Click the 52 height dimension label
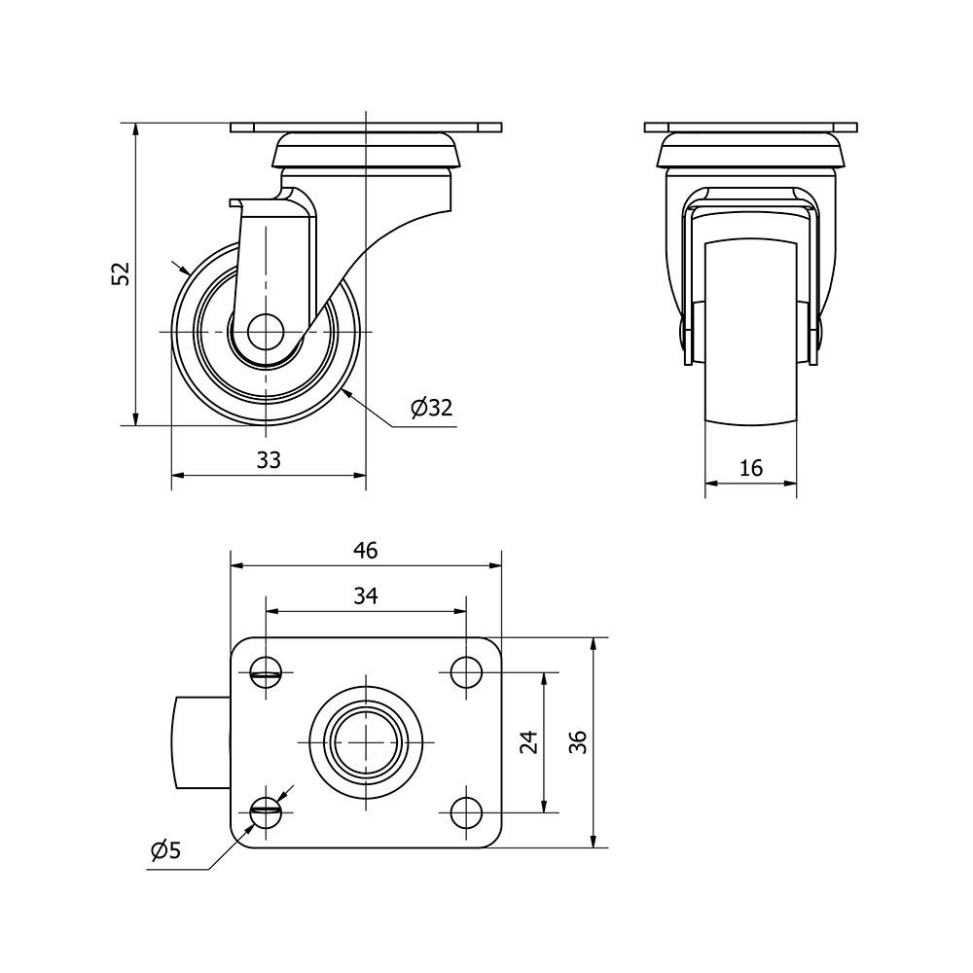point(122,273)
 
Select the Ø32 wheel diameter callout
point(431,408)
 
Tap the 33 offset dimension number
point(269,460)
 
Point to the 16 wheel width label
point(751,468)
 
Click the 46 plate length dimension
point(366,551)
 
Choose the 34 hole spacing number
point(366,595)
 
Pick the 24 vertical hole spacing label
point(528,742)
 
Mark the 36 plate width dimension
point(578,742)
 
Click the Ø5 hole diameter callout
point(166,850)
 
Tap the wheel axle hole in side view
point(266,332)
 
